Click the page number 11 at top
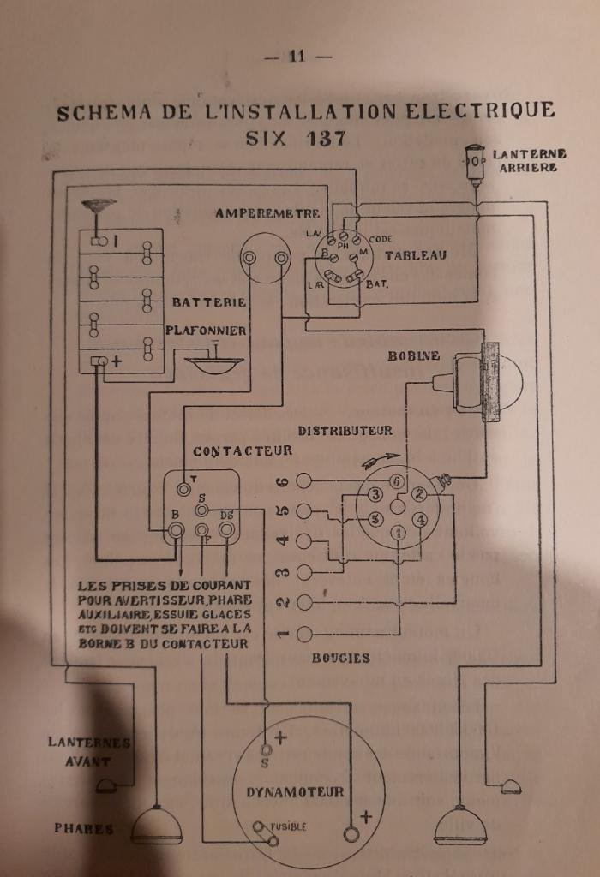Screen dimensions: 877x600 pos(297,57)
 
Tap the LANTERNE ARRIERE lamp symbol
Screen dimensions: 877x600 pos(474,161)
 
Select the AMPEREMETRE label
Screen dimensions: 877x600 pos(267,213)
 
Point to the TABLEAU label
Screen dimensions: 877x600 pos(415,255)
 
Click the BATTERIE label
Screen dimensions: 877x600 pos(208,302)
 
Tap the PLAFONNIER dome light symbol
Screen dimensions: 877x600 pos(214,361)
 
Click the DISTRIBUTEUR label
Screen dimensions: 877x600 pos(345,431)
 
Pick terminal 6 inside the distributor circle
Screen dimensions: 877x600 pos(397,481)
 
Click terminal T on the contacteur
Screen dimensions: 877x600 pos(183,489)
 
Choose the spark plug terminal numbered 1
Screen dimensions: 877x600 pos(303,635)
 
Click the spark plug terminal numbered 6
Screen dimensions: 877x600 pos(303,481)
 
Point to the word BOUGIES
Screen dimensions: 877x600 pos(340,658)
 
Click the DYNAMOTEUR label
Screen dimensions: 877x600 pos(295,791)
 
